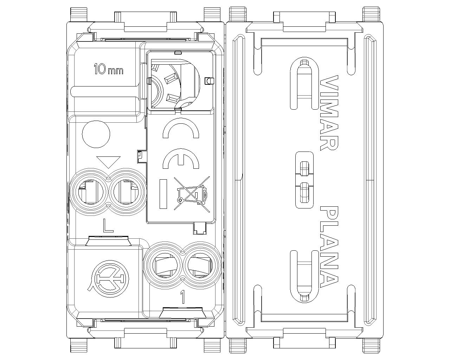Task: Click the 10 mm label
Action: click(108, 69)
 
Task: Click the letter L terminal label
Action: click(108, 225)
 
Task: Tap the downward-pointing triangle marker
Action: click(109, 162)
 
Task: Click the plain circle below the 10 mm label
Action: click(96, 134)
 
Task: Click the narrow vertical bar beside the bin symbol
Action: click(163, 194)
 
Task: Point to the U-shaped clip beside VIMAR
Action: click(303, 83)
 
